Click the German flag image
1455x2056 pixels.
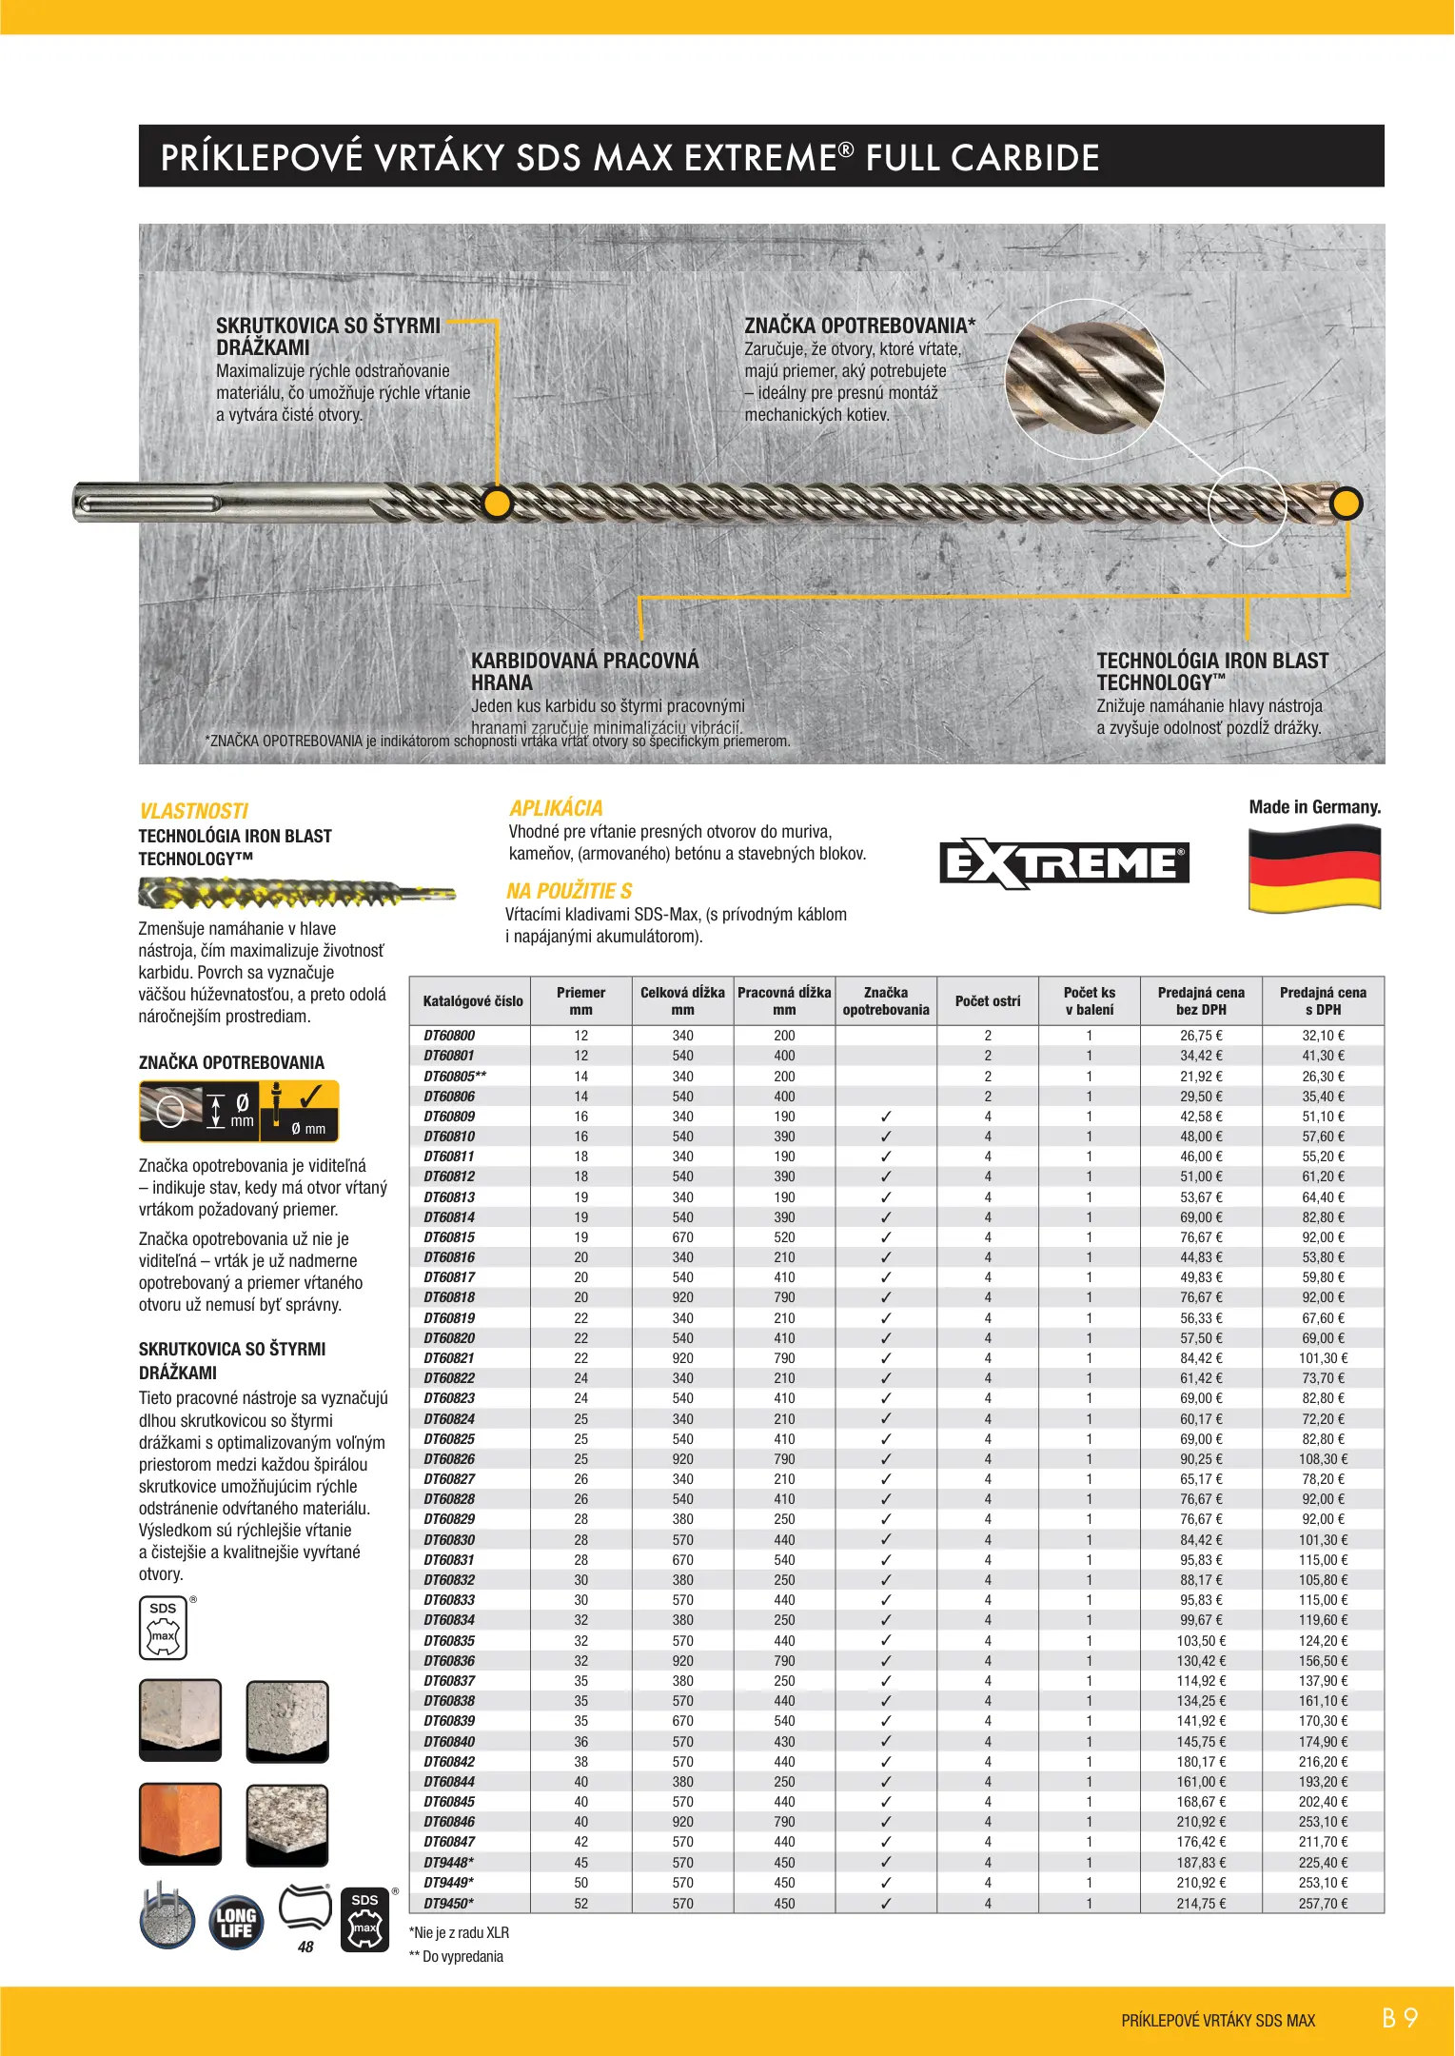[1314, 868]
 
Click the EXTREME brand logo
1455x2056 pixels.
[1064, 863]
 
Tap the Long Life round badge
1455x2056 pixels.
[235, 1922]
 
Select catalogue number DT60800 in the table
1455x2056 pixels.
[449, 1036]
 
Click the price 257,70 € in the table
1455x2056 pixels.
[1323, 1903]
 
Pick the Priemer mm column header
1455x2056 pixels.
[580, 1000]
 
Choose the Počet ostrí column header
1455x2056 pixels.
[988, 1000]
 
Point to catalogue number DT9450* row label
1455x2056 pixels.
[449, 1903]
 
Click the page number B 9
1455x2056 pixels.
[1400, 2018]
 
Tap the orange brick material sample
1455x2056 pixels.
[180, 1823]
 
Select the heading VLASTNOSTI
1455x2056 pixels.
[193, 811]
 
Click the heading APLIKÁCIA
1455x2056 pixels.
[556, 808]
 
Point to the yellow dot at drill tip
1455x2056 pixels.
[1346, 503]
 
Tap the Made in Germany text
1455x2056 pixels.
[1314, 807]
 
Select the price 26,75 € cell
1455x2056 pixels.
[1201, 1036]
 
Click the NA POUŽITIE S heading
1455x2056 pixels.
[569, 891]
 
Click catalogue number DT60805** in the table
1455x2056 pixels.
[455, 1076]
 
